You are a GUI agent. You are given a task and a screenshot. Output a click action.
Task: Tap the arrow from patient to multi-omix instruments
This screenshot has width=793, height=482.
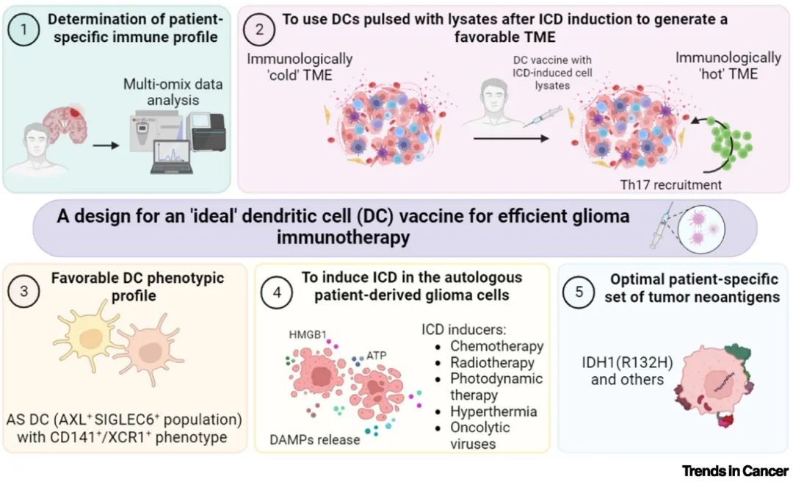tap(106, 145)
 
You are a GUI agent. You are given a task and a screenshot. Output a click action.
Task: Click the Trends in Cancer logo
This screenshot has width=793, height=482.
tap(735, 470)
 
